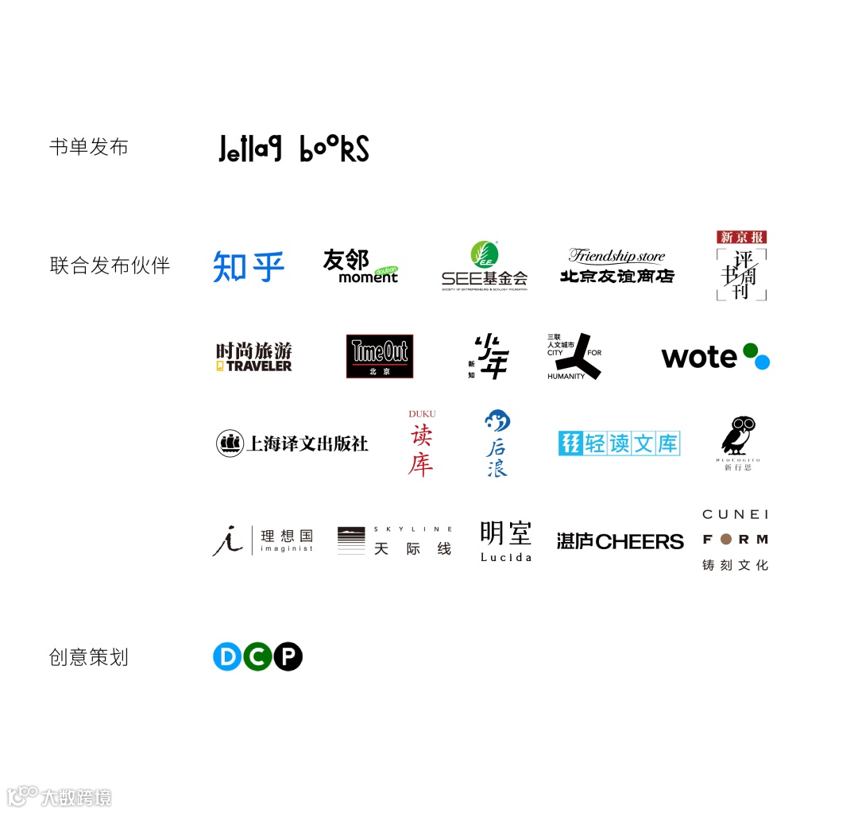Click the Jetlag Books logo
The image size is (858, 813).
293,149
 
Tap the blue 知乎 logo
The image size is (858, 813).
249,266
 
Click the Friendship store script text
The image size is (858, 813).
616,256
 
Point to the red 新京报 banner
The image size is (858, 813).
741,237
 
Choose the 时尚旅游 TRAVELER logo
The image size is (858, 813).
254,357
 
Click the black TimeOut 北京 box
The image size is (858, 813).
380,356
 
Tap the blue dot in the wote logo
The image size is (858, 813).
762,362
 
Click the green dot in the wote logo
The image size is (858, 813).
750,350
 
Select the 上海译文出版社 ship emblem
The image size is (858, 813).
230,443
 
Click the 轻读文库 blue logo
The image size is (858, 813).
620,443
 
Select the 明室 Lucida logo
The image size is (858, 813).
506,540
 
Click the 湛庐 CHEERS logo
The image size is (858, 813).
620,542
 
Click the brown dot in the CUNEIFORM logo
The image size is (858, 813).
725,540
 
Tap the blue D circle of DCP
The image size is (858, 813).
227,656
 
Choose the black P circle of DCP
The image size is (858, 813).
288,656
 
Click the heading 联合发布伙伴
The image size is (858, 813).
110,265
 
